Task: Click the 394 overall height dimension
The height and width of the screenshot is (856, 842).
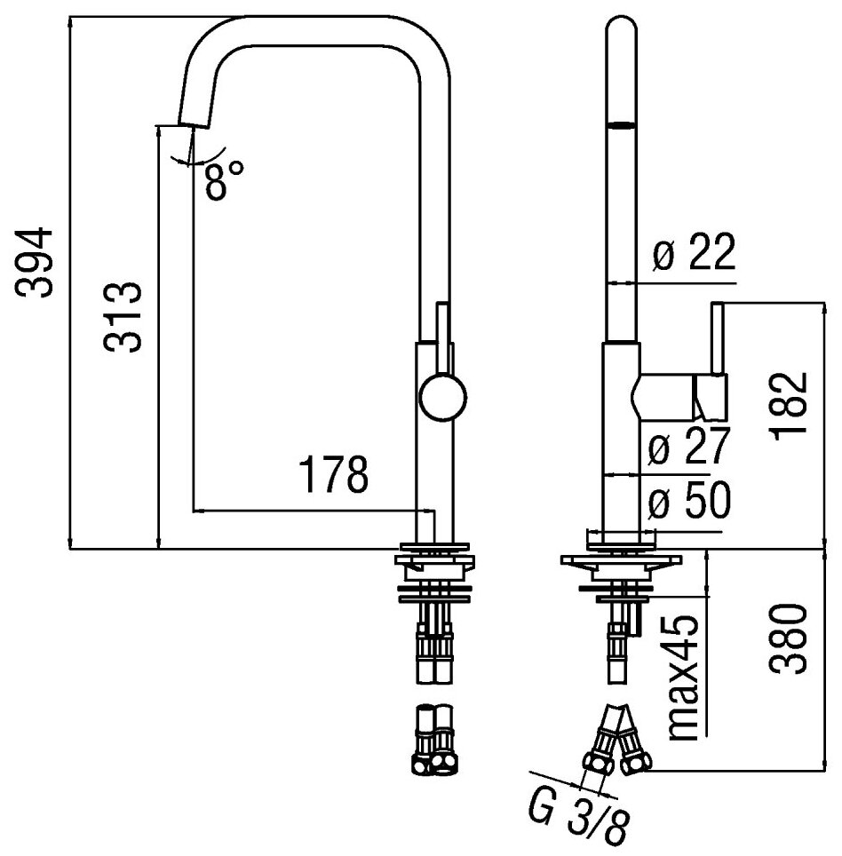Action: click(37, 262)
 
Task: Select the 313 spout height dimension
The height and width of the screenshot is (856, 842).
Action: click(122, 318)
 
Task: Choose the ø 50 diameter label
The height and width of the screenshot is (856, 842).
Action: click(688, 503)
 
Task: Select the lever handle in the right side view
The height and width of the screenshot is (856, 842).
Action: click(711, 382)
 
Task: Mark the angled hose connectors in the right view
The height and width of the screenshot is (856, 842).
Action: click(619, 741)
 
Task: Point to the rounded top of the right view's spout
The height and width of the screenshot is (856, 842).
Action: click(623, 27)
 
